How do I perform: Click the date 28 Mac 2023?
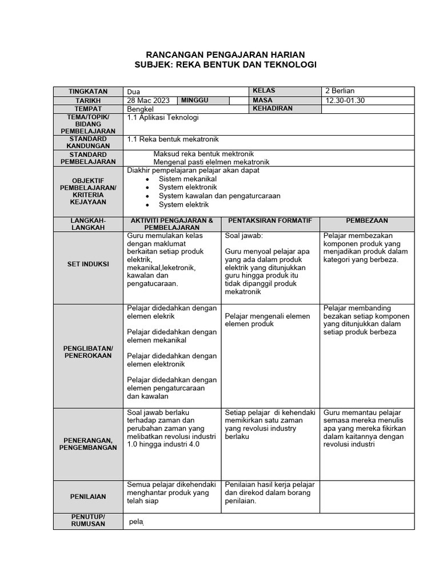click(145, 101)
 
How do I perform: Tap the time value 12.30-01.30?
click(345, 101)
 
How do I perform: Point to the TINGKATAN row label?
click(88, 92)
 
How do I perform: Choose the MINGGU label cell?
click(195, 101)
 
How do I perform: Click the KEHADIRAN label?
click(272, 109)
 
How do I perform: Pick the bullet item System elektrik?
click(183, 204)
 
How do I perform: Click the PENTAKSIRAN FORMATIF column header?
click(270, 220)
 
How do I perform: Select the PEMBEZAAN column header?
click(366, 220)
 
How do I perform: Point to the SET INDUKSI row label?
click(88, 264)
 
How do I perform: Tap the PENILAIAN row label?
click(88, 497)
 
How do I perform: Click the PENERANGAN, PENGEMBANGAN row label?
click(88, 444)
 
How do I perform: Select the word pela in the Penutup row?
click(136, 522)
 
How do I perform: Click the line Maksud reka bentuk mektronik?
click(203, 154)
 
